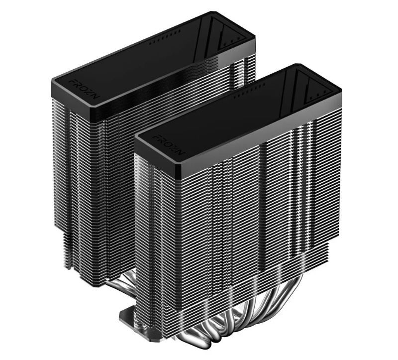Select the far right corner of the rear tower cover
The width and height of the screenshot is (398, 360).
pyautogui.click(x=255, y=36)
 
